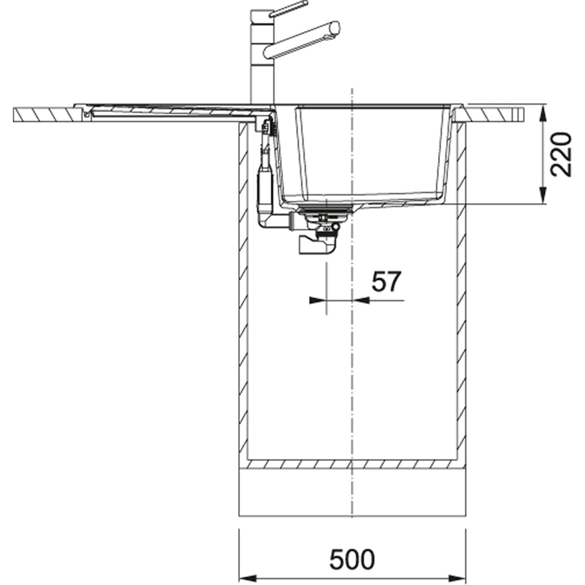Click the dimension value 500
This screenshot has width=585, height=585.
[x=352, y=559]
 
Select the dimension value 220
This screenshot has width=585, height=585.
[x=561, y=154]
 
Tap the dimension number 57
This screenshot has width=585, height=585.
[x=387, y=283]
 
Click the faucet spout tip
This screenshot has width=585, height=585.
[x=335, y=27]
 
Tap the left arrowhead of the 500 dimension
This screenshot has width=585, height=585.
[x=246, y=575]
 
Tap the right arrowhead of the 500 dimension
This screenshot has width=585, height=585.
[x=459, y=575]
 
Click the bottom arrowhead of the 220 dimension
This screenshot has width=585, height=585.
[x=543, y=198]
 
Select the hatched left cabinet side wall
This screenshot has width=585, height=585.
[x=243, y=292]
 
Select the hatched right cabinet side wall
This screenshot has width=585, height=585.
[x=462, y=292]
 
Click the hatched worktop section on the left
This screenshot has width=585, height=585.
[x=44, y=114]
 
